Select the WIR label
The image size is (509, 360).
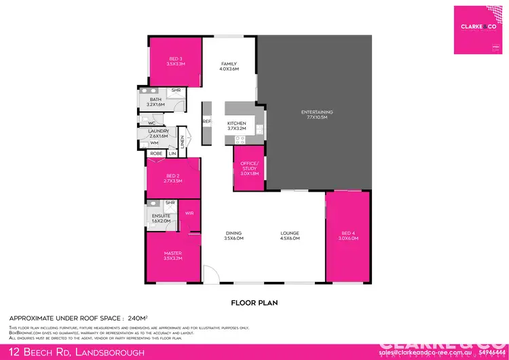pos(189,213)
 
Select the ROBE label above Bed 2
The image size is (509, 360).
pos(156,154)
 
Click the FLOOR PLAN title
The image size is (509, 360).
pos(255,302)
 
